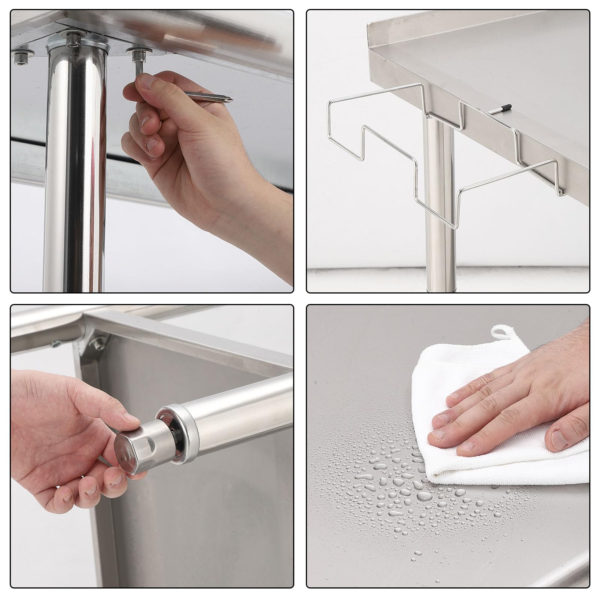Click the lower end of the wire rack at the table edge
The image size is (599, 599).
560,193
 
